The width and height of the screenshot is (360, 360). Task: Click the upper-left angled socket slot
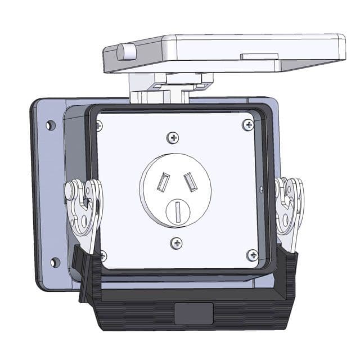point(163,182)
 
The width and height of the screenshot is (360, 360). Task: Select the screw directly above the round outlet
point(173,137)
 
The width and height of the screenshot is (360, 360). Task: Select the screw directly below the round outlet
point(177,243)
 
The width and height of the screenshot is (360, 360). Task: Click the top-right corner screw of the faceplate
point(247,124)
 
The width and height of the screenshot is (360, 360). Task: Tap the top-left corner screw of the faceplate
point(99,125)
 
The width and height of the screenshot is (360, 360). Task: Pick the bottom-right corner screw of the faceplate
point(251,255)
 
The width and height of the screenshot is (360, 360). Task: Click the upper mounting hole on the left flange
point(51,125)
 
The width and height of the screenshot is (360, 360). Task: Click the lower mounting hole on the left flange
point(55,262)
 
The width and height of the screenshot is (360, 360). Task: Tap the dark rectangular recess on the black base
point(193,313)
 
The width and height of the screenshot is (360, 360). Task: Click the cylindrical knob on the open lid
point(126,52)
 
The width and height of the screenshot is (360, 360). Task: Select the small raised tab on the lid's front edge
point(259,57)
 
